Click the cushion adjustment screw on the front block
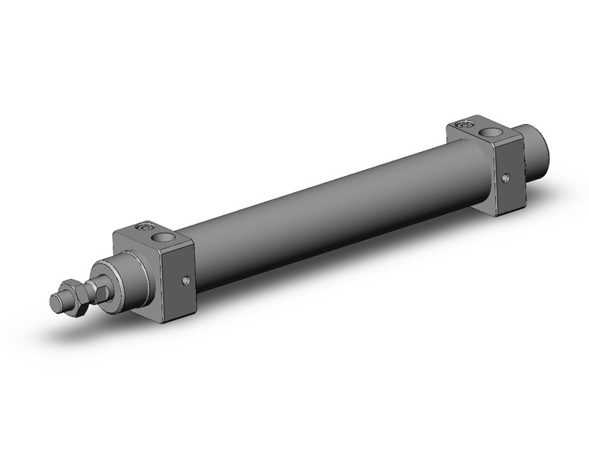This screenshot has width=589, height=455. coord(142,226)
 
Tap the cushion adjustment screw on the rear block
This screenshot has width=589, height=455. coord(465,124)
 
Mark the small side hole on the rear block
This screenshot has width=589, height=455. coord(507,179)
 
